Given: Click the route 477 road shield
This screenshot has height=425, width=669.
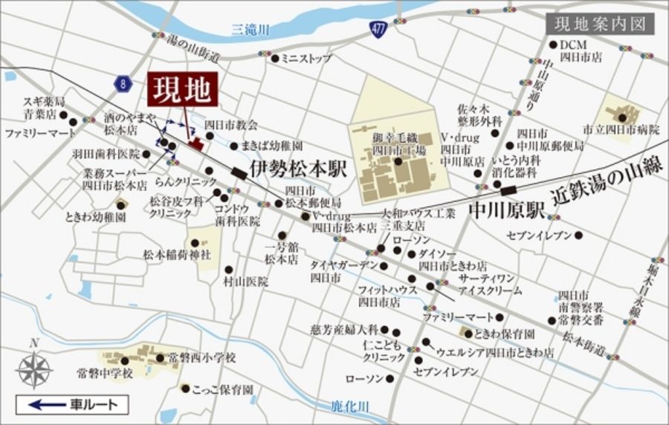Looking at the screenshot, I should click(x=378, y=29).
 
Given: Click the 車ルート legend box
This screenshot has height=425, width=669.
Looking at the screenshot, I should click(x=73, y=404).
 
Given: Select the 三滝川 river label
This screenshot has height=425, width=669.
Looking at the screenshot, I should click(x=251, y=30).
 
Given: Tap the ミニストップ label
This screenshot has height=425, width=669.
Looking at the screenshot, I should click(x=306, y=58).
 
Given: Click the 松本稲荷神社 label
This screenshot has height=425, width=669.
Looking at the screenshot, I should click(x=177, y=254).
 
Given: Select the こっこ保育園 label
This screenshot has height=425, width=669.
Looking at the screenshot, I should click(x=222, y=389).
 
